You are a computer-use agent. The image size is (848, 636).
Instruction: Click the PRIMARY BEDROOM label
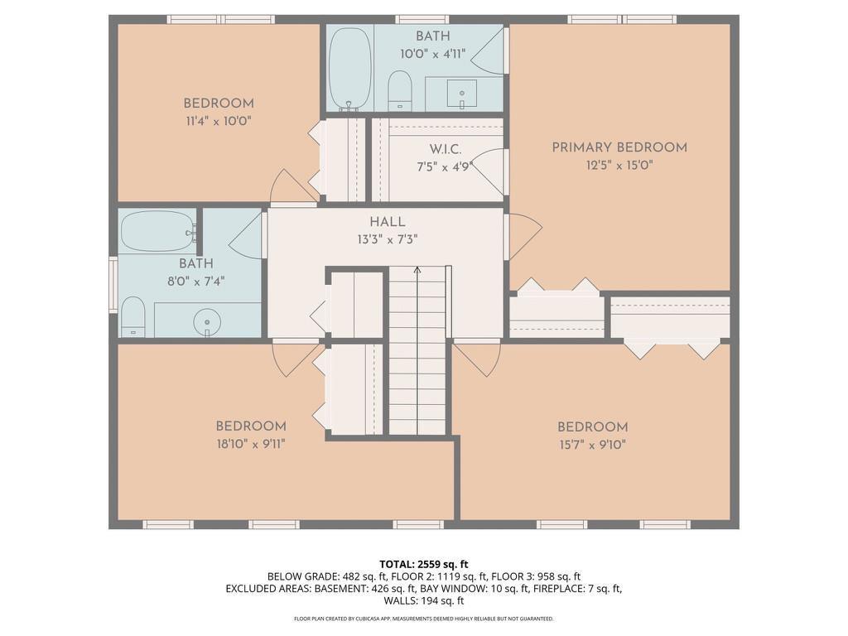pyautogui.click(x=619, y=147)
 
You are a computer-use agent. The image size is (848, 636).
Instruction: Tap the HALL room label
pyautogui.click(x=388, y=222)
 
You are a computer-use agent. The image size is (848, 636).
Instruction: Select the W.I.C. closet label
pyautogui.click(x=446, y=149)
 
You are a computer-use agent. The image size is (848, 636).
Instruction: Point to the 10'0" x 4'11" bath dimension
pyautogui.click(x=432, y=54)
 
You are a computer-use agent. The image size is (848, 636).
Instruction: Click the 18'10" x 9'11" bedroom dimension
pyautogui.click(x=251, y=445)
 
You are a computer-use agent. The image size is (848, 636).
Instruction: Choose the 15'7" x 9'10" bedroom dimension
pyautogui.click(x=593, y=445)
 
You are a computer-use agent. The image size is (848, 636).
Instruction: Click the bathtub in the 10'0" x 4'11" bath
pyautogui.click(x=350, y=69)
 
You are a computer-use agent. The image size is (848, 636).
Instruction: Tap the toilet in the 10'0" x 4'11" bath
pyautogui.click(x=400, y=89)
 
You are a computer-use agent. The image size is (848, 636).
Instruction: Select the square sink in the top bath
pyautogui.click(x=461, y=94)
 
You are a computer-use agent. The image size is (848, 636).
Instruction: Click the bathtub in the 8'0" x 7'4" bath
pyautogui.click(x=158, y=232)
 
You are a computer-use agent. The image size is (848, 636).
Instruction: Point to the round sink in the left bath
pyautogui.click(x=207, y=322)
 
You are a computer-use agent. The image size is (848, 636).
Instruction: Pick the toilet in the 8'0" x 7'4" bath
pyautogui.click(x=132, y=317)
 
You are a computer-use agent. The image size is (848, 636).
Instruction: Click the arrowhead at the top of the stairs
pyautogui.click(x=417, y=269)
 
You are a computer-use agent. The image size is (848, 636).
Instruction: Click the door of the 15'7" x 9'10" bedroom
pyautogui.click(x=476, y=360)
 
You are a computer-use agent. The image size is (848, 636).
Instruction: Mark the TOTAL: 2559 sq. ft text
pyautogui.click(x=423, y=565)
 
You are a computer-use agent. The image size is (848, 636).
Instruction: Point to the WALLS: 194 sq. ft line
pyautogui.click(x=423, y=600)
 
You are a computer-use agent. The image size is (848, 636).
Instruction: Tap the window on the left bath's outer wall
pyautogui.click(x=113, y=285)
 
